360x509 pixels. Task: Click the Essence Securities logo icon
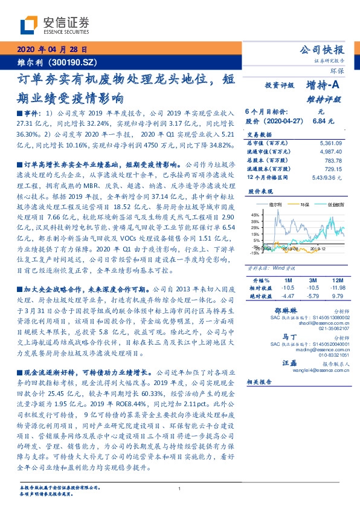click(30, 24)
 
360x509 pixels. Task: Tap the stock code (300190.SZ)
click(76, 62)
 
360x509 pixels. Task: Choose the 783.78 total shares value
click(333, 160)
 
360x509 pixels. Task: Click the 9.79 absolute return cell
click(336, 296)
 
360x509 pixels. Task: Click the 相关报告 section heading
click(260, 382)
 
